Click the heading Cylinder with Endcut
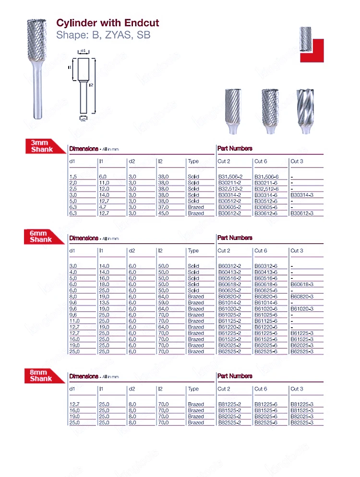click(108, 23)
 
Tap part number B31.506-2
click(229, 177)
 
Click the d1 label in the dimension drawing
click(83, 51)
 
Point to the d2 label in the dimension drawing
click(83, 119)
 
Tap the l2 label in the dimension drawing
click(90, 85)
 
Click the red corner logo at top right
click(312, 50)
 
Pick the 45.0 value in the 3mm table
click(163, 214)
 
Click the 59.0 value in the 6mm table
click(163, 303)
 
